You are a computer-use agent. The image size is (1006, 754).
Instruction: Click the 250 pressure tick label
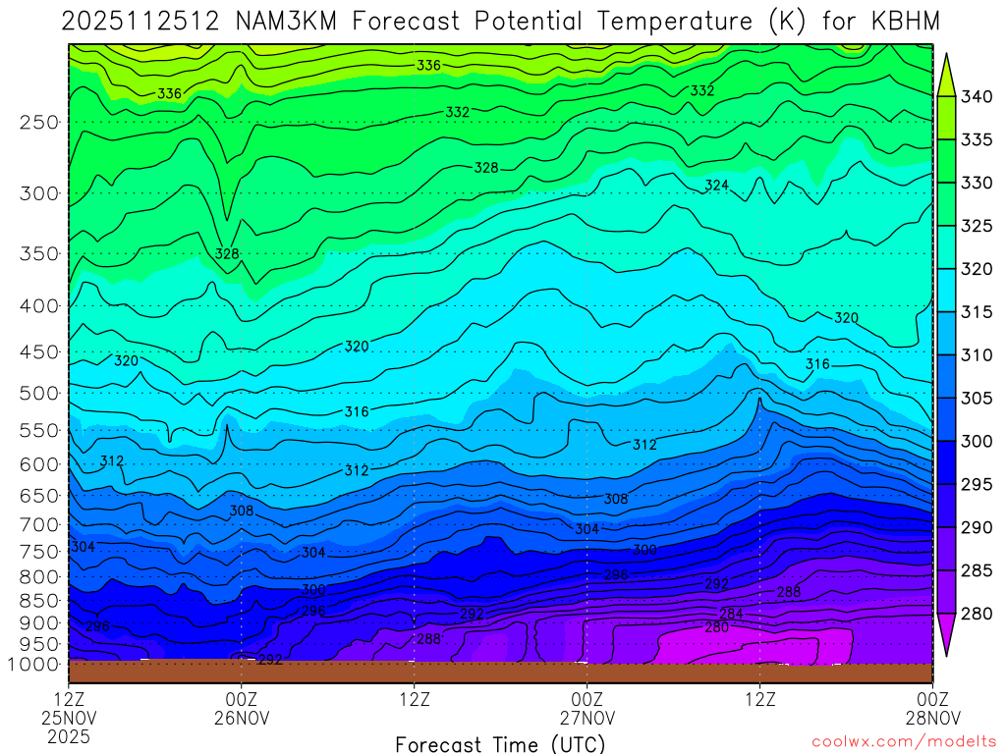(x=39, y=123)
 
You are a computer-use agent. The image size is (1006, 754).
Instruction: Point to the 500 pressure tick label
(x=39, y=394)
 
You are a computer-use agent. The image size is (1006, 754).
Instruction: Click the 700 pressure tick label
(x=39, y=525)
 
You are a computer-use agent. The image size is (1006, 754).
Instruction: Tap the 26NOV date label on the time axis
(x=242, y=718)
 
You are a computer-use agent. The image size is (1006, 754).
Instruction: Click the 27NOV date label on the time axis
(x=587, y=718)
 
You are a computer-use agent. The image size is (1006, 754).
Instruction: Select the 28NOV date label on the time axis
(x=931, y=718)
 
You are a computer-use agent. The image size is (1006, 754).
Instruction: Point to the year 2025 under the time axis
(x=69, y=736)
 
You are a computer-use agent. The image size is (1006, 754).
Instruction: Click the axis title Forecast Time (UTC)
(x=500, y=744)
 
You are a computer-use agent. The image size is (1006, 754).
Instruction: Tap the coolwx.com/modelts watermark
(x=904, y=742)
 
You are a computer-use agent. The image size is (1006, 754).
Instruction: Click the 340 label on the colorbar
(x=978, y=96)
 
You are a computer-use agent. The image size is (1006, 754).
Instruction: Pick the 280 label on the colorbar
(x=978, y=614)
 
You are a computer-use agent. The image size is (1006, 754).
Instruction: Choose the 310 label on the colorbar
(x=978, y=354)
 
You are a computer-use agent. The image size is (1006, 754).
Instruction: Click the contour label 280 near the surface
(x=717, y=627)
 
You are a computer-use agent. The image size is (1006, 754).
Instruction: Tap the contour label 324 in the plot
(x=717, y=186)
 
